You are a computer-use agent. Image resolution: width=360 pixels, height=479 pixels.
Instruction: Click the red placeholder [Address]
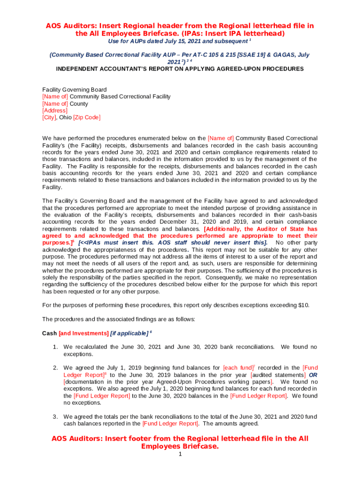55,111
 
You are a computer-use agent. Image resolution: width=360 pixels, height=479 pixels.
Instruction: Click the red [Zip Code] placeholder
87,118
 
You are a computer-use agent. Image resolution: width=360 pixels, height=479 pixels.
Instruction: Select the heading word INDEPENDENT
79,69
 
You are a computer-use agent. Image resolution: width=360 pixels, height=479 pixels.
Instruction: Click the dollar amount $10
303,305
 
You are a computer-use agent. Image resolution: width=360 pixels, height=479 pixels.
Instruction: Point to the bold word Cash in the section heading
50,334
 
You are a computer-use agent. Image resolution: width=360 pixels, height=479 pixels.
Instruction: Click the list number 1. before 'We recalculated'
55,347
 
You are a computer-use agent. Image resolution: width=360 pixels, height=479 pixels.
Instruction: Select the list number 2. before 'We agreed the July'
55,368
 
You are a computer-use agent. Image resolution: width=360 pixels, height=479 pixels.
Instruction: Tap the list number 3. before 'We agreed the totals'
55,417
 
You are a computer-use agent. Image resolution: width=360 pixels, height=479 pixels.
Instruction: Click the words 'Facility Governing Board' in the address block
74,90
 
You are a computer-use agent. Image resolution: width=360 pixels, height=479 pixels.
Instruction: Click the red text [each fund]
238,368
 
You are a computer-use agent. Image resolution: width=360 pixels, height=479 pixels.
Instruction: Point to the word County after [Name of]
79,104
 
